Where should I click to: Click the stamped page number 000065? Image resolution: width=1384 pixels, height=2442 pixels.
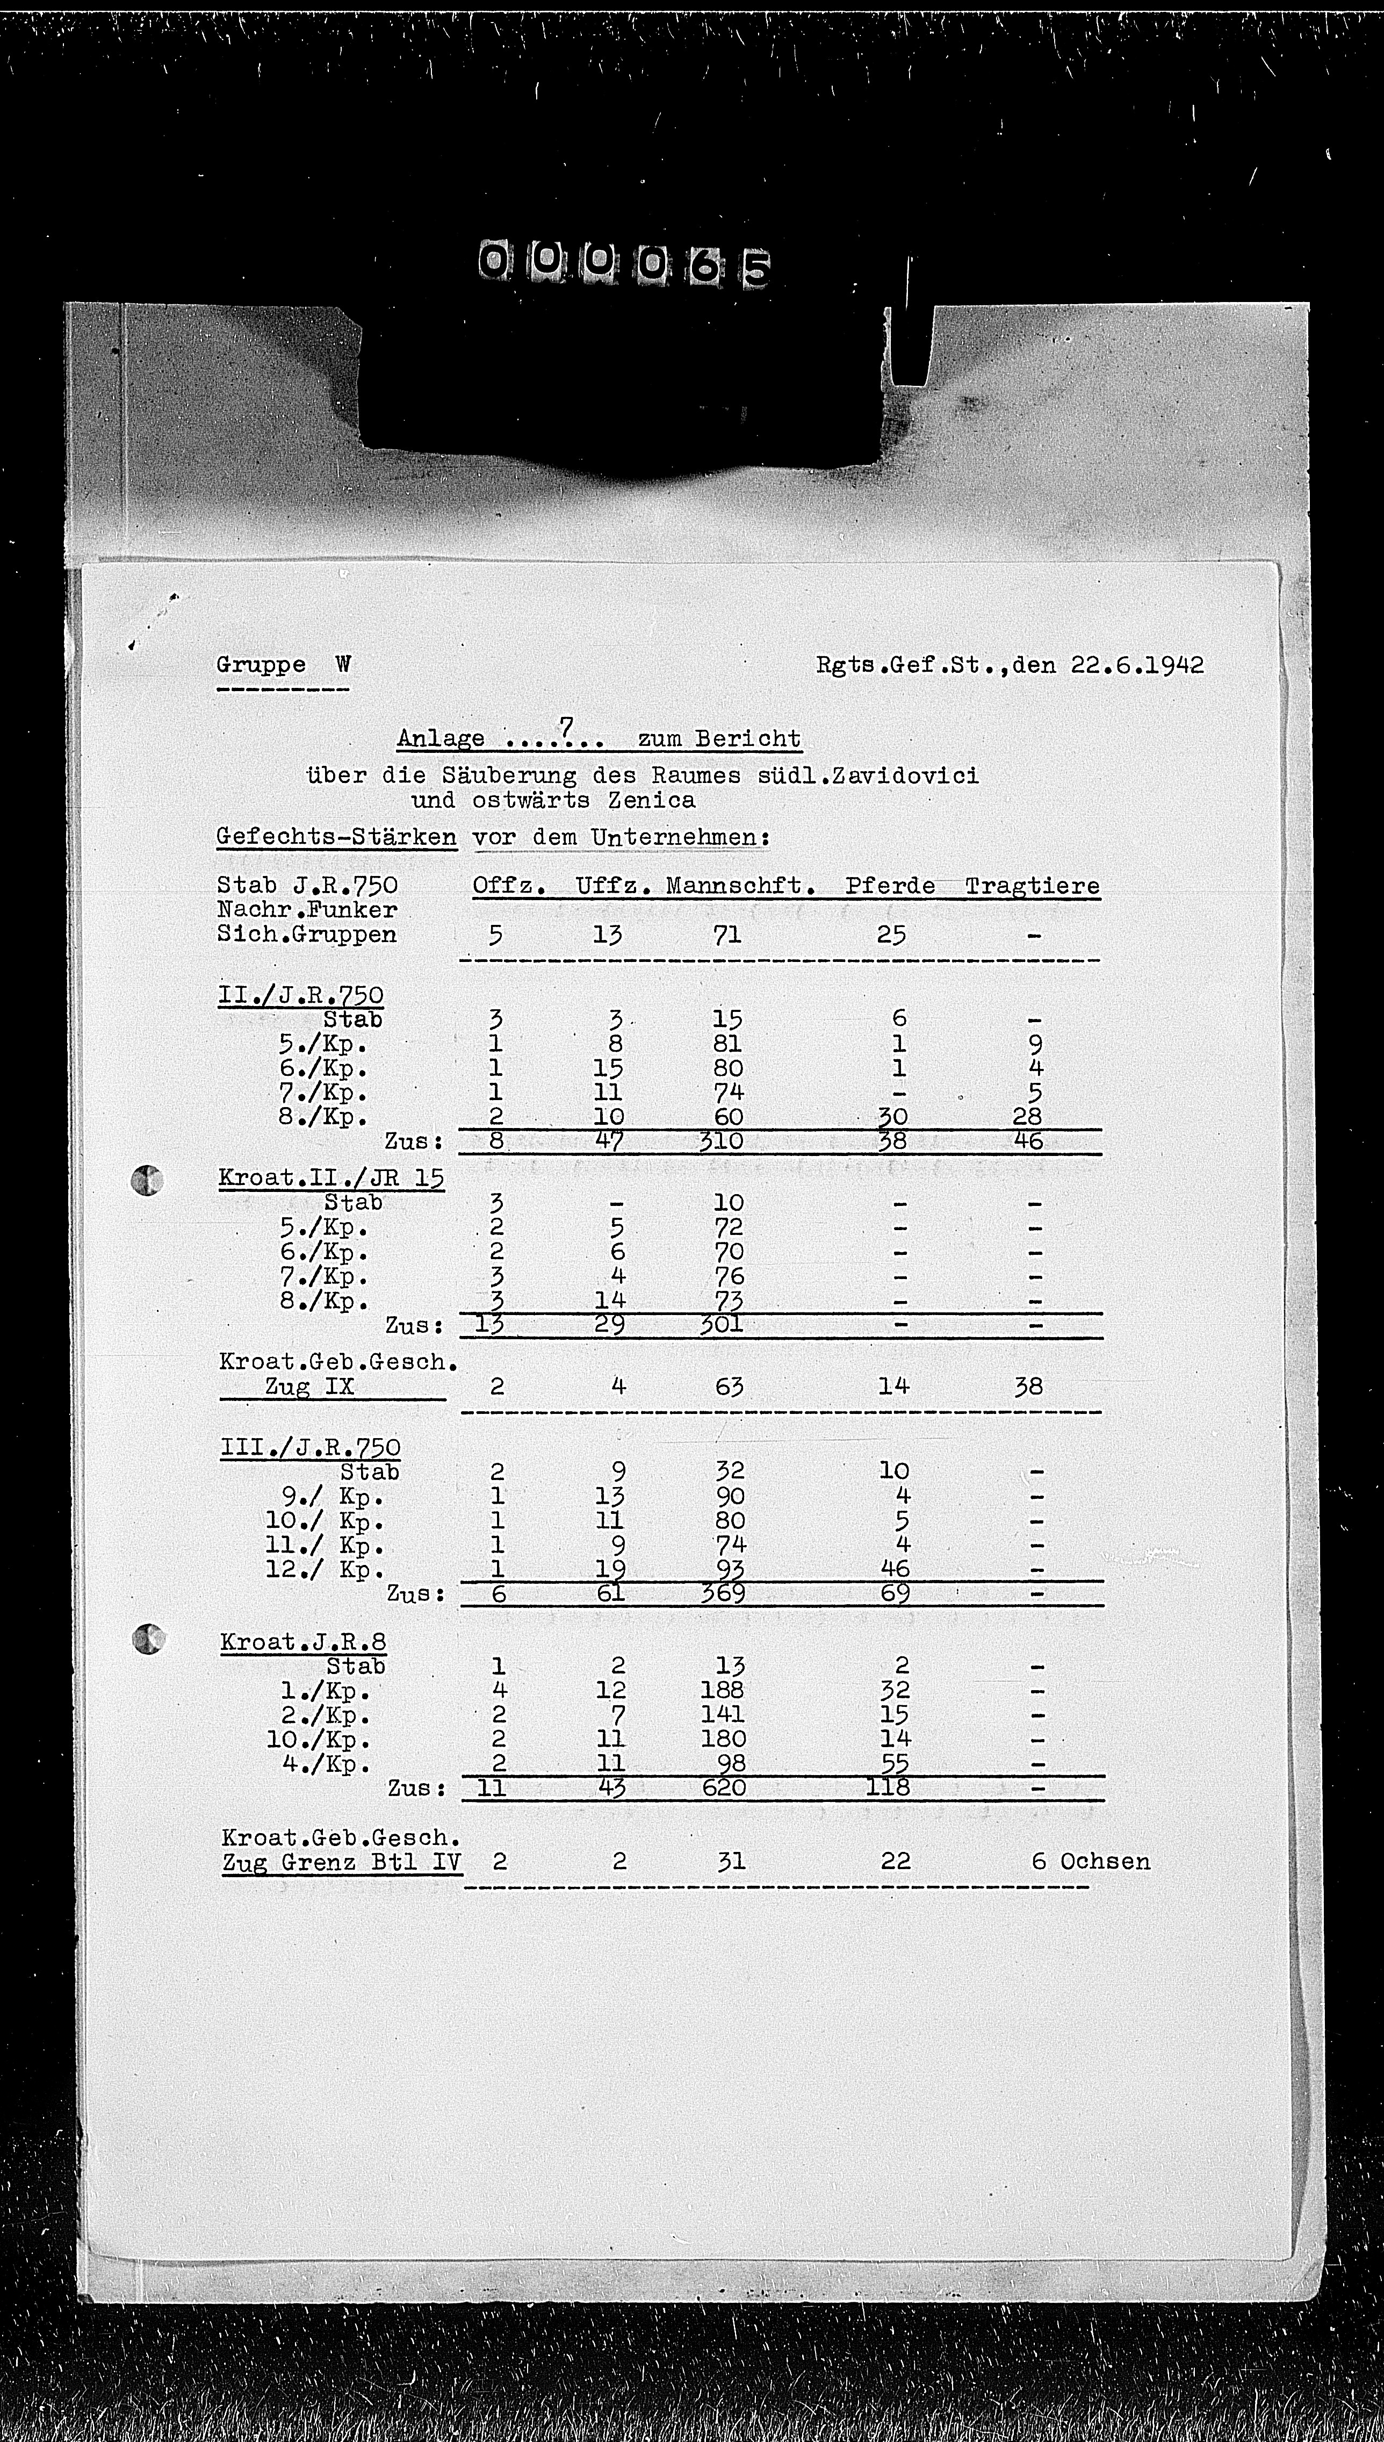click(624, 265)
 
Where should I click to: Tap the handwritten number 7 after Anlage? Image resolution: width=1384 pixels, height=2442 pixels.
click(566, 728)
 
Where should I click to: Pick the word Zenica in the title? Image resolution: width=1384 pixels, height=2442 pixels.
click(653, 800)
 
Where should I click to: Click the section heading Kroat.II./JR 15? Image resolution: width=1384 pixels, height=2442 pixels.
click(331, 1178)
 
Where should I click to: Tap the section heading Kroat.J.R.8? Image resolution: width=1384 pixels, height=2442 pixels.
click(303, 1642)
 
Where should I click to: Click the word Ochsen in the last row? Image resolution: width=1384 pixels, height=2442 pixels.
click(1105, 1861)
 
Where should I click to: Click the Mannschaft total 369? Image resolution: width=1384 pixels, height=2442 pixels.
click(723, 1593)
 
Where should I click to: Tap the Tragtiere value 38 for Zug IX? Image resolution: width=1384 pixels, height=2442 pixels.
click(1028, 1386)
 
